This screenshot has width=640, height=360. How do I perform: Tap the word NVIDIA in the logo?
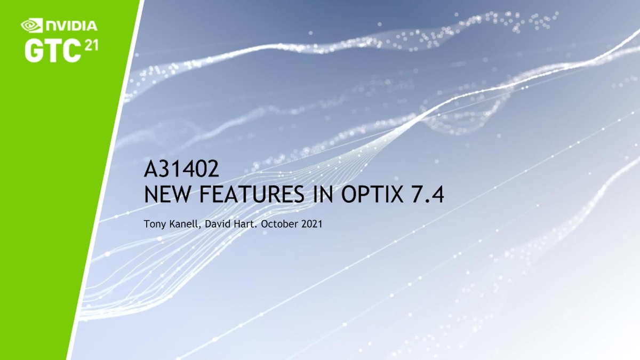(x=71, y=25)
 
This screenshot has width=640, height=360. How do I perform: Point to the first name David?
(x=216, y=224)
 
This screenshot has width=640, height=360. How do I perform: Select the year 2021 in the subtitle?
(x=312, y=224)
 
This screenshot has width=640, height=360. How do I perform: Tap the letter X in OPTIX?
(x=398, y=195)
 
